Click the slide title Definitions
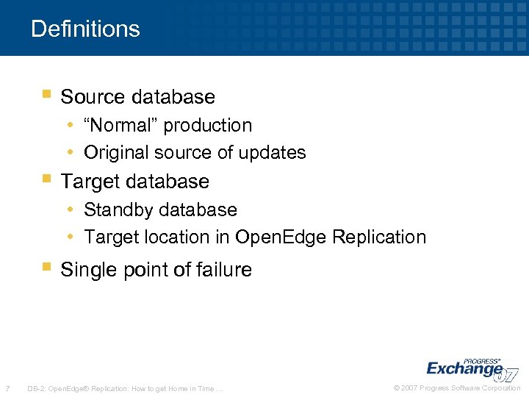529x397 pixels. [x=85, y=29]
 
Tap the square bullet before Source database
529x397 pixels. [x=46, y=95]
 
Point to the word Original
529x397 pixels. [x=115, y=153]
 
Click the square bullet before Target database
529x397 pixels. [x=46, y=179]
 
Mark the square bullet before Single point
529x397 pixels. [x=46, y=268]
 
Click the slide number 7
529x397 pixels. [x=7, y=388]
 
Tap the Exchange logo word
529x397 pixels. [x=464, y=368]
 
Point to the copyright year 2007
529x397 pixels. [x=413, y=388]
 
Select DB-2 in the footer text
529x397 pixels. [x=35, y=388]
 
